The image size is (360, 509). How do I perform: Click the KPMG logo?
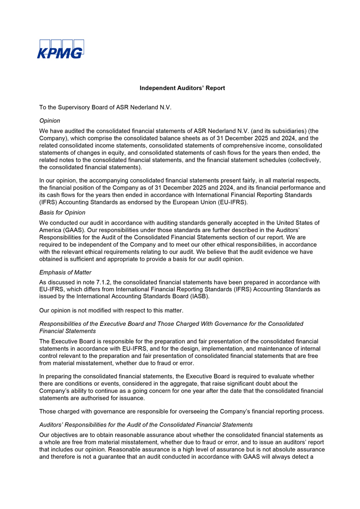[60, 49]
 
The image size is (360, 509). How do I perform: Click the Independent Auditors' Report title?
[182, 88]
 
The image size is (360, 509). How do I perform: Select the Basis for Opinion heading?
[62, 212]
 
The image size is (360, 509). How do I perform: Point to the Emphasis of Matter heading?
[65, 272]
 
